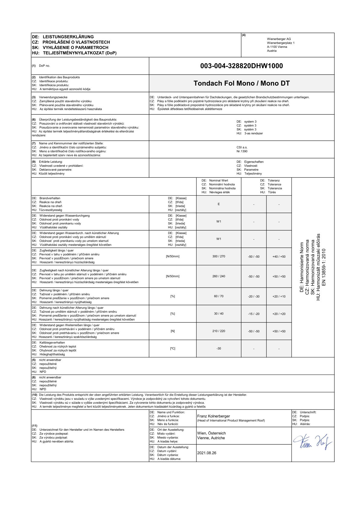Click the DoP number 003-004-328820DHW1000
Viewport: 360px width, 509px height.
pyautogui.click(x=241, y=66)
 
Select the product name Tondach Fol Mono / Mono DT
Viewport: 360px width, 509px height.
pyautogui.click(x=241, y=83)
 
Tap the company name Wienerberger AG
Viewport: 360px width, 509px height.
pyautogui.click(x=279, y=39)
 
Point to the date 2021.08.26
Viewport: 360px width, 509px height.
pyautogui.click(x=207, y=453)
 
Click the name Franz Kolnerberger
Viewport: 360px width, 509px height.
pyautogui.click(x=214, y=416)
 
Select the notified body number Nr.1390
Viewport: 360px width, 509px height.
pyautogui.click(x=242, y=151)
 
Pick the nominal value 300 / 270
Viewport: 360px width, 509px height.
pyautogui.click(x=219, y=256)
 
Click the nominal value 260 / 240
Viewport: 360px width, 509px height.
pyautogui.click(x=219, y=276)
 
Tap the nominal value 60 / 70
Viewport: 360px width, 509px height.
pyautogui.click(x=219, y=296)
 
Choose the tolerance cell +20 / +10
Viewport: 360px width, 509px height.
pyautogui.click(x=279, y=297)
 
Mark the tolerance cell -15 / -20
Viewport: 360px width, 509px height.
pyautogui.click(x=254, y=314)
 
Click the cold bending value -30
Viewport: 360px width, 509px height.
pyautogui.click(x=219, y=349)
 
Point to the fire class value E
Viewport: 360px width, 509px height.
pyautogui.click(x=219, y=204)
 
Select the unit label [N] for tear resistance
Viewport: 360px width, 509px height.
pyautogui.click(x=173, y=331)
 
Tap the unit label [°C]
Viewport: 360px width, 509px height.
pyautogui.click(x=173, y=349)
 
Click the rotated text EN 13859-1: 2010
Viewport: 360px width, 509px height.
pyautogui.click(x=324, y=267)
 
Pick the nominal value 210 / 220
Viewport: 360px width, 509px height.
pyautogui.click(x=219, y=331)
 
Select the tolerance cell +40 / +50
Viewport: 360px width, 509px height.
pyautogui.click(x=279, y=257)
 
